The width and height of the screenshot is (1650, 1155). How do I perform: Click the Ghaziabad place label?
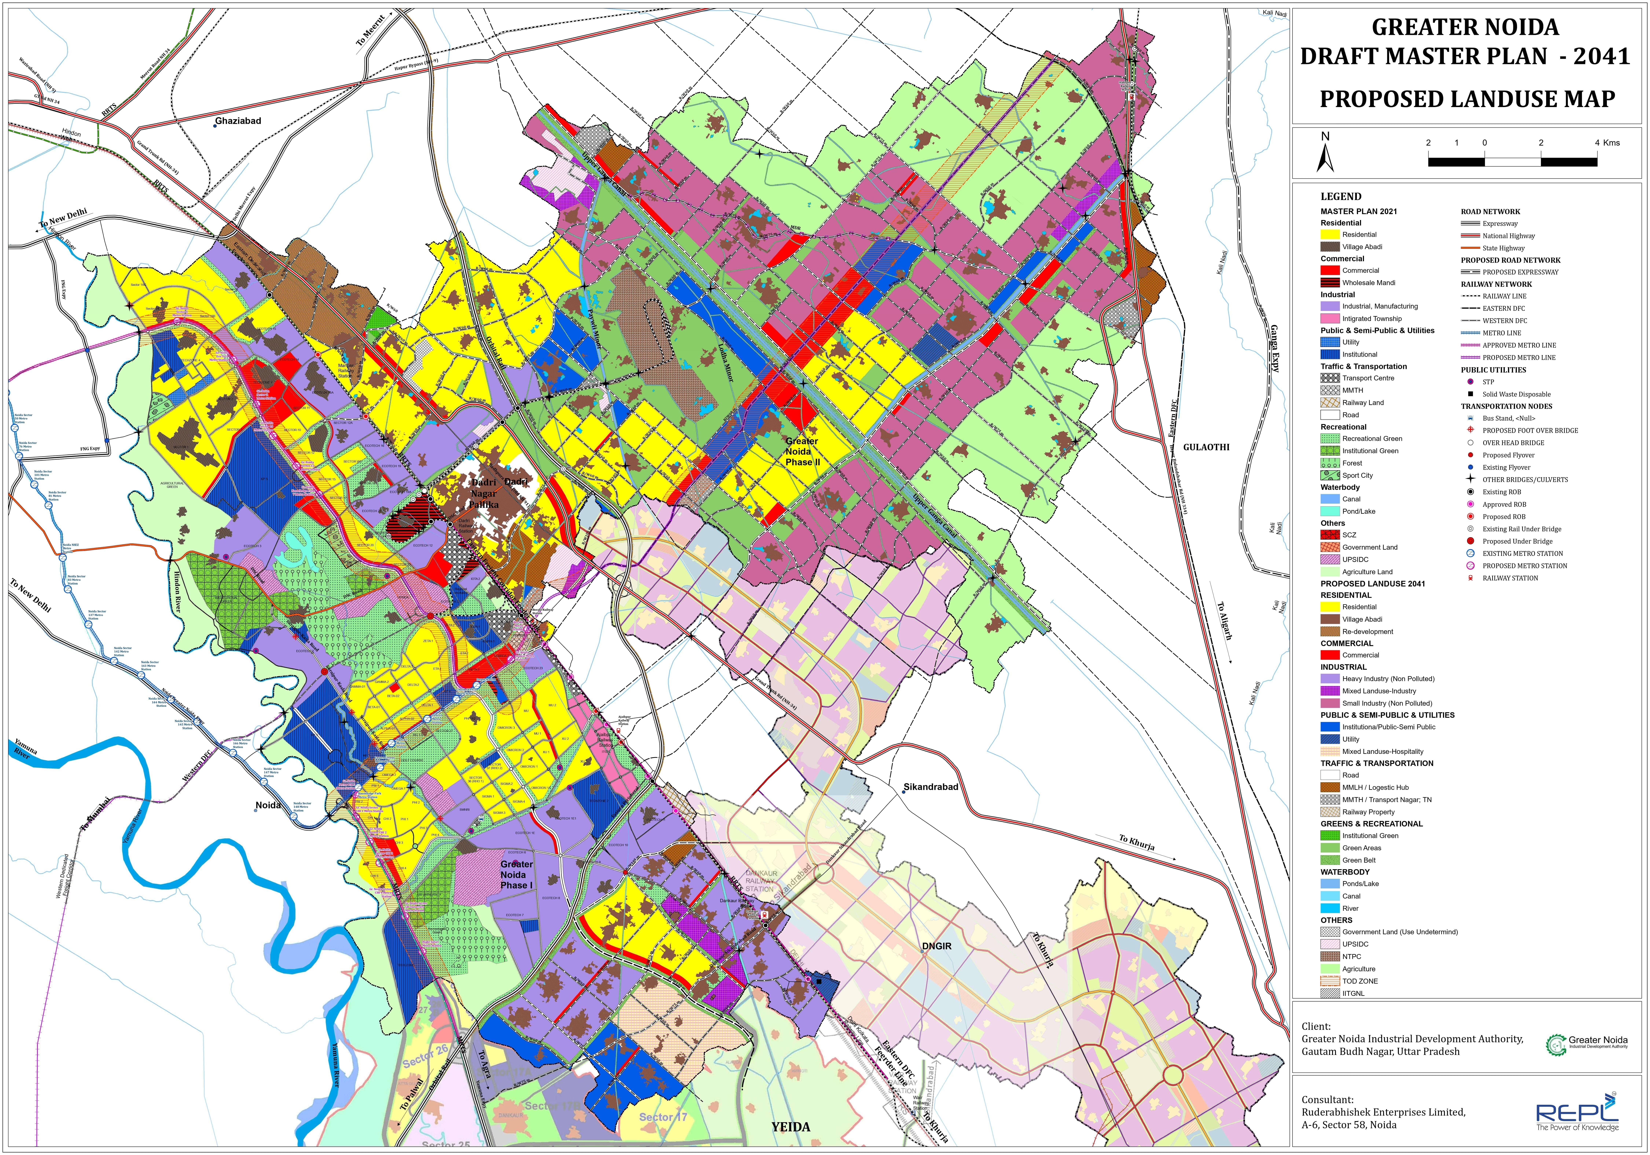click(238, 121)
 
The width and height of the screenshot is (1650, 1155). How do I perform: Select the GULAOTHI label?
click(1206, 447)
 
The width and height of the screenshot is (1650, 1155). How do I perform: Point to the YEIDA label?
click(791, 1127)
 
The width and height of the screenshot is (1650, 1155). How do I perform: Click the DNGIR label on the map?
click(936, 947)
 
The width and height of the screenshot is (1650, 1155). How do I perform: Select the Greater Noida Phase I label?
click(517, 875)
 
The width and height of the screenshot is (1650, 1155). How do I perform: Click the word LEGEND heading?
click(1341, 196)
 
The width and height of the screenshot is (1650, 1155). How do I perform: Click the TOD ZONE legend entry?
click(1360, 981)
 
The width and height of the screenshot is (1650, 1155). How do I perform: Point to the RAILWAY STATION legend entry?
click(1510, 578)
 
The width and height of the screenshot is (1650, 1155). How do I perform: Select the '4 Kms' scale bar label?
click(1607, 142)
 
